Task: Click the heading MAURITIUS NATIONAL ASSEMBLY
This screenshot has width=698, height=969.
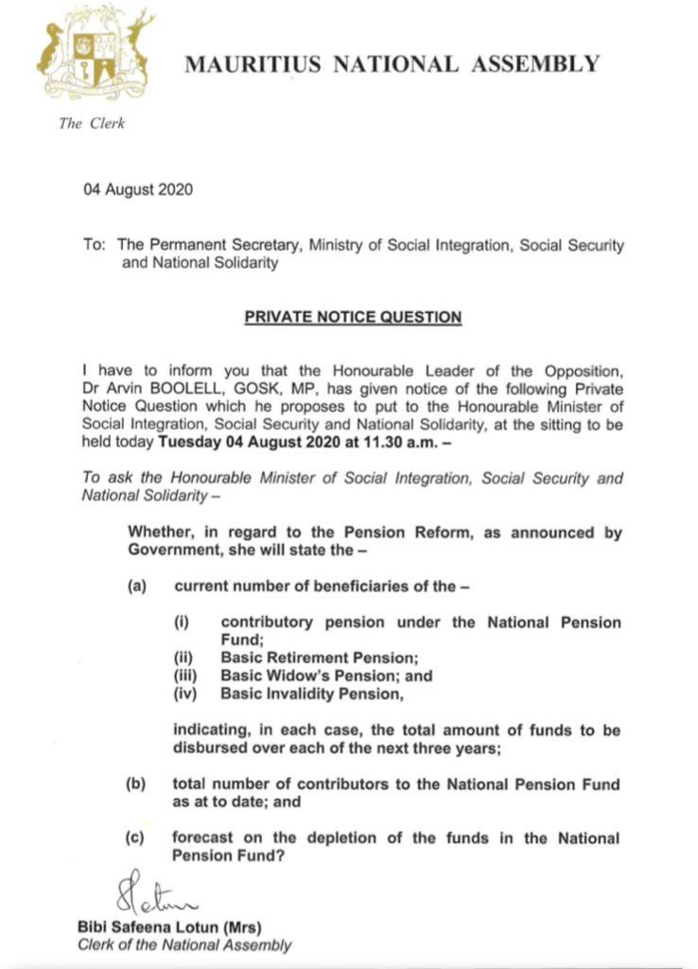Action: coord(392,64)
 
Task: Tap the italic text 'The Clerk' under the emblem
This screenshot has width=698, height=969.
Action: coord(92,123)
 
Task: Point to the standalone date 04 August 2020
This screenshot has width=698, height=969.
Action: coord(138,188)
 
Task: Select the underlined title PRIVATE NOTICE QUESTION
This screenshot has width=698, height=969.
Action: coord(353,317)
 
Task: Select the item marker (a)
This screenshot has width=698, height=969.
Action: coord(138,587)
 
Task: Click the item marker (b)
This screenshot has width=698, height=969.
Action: coord(138,784)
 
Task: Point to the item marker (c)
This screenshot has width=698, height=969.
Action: coord(138,838)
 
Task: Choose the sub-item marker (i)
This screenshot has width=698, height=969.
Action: coord(181,623)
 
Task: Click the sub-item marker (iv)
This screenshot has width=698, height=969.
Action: coord(183,695)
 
